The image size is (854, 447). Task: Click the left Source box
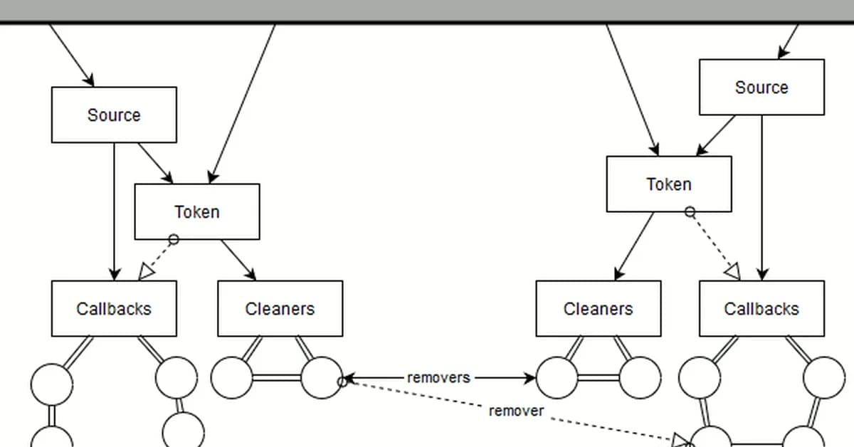click(114, 115)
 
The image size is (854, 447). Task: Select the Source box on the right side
click(761, 87)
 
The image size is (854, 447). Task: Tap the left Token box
click(197, 211)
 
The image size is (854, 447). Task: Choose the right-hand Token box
click(669, 184)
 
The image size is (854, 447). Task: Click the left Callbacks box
click(114, 308)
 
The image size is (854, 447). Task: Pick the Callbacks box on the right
click(761, 308)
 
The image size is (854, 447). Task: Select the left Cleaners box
click(280, 308)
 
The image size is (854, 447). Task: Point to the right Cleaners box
click(598, 308)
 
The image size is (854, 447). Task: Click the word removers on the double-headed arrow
click(438, 377)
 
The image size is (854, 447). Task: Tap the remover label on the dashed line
click(516, 411)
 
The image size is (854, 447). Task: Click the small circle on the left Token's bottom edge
click(173, 240)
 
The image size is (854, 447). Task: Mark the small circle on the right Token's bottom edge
click(690, 212)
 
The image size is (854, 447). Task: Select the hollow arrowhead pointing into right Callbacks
click(732, 271)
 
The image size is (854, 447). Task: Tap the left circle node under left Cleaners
click(232, 377)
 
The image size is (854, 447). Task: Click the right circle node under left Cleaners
click(321, 377)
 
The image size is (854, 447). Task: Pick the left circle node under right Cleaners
click(557, 377)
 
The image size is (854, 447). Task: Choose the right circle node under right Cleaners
click(640, 377)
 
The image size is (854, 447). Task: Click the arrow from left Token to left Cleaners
click(238, 260)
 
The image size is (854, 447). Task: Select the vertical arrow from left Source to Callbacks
click(114, 214)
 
